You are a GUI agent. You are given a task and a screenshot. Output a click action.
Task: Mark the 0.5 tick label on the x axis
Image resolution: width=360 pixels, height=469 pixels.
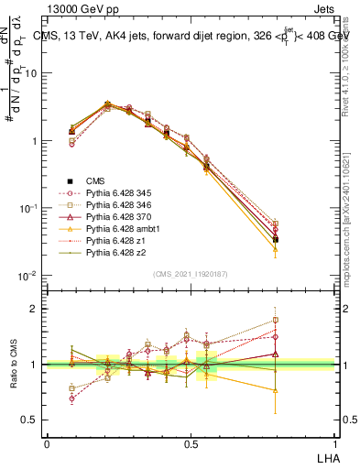(x=191, y=443)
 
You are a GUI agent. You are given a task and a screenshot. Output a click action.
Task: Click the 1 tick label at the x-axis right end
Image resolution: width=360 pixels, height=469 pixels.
(x=334, y=443)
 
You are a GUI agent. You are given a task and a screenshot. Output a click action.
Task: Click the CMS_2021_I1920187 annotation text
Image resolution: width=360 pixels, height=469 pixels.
(x=191, y=274)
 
